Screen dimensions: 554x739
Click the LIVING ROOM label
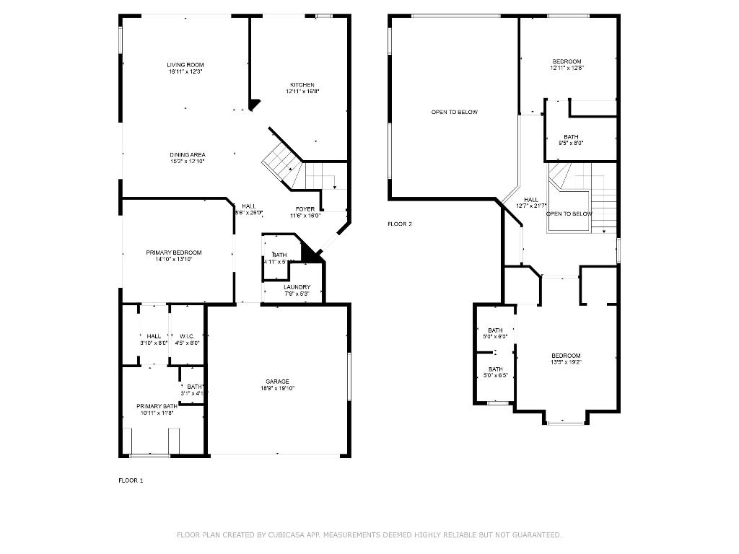tap(185, 65)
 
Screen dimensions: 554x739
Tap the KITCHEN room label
tap(302, 85)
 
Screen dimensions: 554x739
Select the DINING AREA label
tap(188, 155)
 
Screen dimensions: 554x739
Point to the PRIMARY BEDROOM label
tap(174, 252)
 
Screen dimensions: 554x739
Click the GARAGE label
tap(277, 382)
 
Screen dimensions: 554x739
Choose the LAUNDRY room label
tap(297, 287)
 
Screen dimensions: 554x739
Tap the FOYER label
tap(305, 209)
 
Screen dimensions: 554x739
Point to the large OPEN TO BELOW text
tap(454, 112)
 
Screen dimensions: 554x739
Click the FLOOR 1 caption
tap(131, 480)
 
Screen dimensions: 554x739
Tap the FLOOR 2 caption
tap(400, 224)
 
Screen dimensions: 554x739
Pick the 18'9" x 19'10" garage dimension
tap(277, 388)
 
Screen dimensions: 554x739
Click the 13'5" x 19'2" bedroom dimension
tap(566, 362)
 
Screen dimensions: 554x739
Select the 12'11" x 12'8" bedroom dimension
tap(567, 68)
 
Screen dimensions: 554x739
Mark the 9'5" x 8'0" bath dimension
tap(571, 143)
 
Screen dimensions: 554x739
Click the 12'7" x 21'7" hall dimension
tap(531, 206)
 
